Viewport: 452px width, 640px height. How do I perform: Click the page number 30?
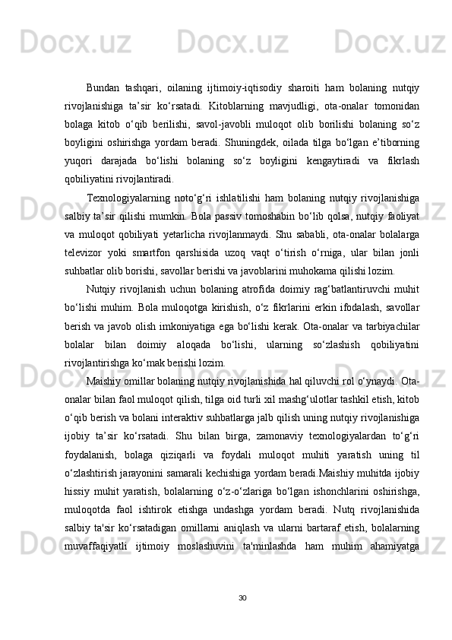pos(242,597)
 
